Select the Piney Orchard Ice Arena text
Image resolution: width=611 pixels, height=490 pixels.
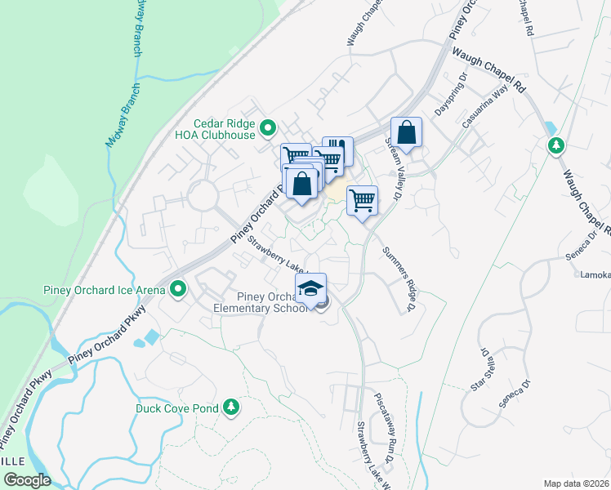[104, 289]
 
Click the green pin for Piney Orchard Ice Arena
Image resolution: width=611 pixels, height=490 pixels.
[176, 289]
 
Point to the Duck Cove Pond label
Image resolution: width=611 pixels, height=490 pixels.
[177, 407]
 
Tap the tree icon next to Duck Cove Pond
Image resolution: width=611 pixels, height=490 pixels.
[231, 407]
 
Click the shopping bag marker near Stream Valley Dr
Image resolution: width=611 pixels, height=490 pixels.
[406, 132]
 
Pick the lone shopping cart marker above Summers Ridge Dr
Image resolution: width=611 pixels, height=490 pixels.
[362, 199]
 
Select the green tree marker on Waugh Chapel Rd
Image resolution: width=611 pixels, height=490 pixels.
[556, 145]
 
